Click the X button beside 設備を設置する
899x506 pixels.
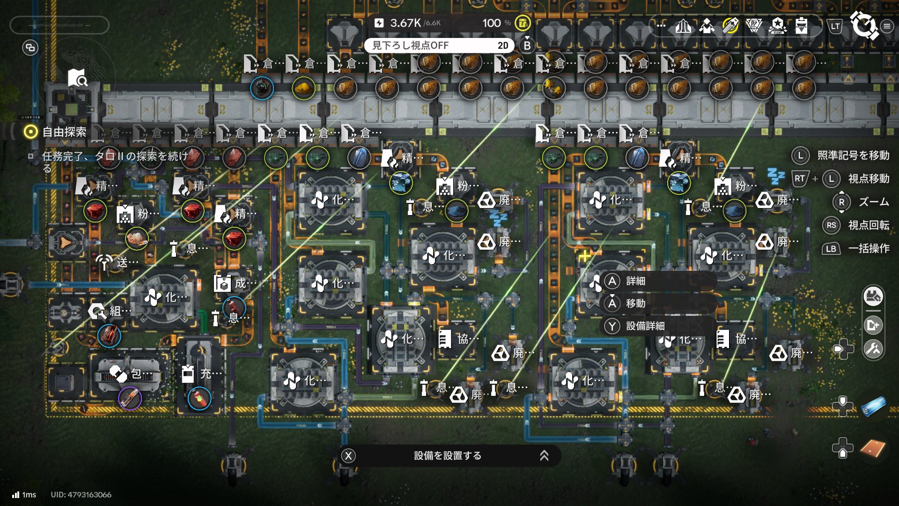tap(348, 456)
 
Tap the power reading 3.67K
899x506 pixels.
tap(405, 23)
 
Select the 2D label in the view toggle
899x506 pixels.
tap(503, 45)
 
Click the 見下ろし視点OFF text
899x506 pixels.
tap(410, 45)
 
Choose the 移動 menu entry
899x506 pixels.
tap(635, 304)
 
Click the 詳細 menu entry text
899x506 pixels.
tap(635, 281)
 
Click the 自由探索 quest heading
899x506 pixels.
tap(64, 132)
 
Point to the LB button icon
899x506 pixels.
tap(831, 249)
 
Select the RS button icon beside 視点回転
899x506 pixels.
tap(831, 225)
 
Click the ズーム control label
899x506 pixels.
tap(873, 202)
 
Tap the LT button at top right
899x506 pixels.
tap(835, 26)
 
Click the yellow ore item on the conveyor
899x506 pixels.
tap(303, 88)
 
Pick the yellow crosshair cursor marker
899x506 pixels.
tap(584, 256)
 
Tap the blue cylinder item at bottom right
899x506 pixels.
tap(873, 406)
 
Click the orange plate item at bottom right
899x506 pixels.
tap(873, 449)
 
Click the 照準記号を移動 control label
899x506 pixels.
tap(853, 156)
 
